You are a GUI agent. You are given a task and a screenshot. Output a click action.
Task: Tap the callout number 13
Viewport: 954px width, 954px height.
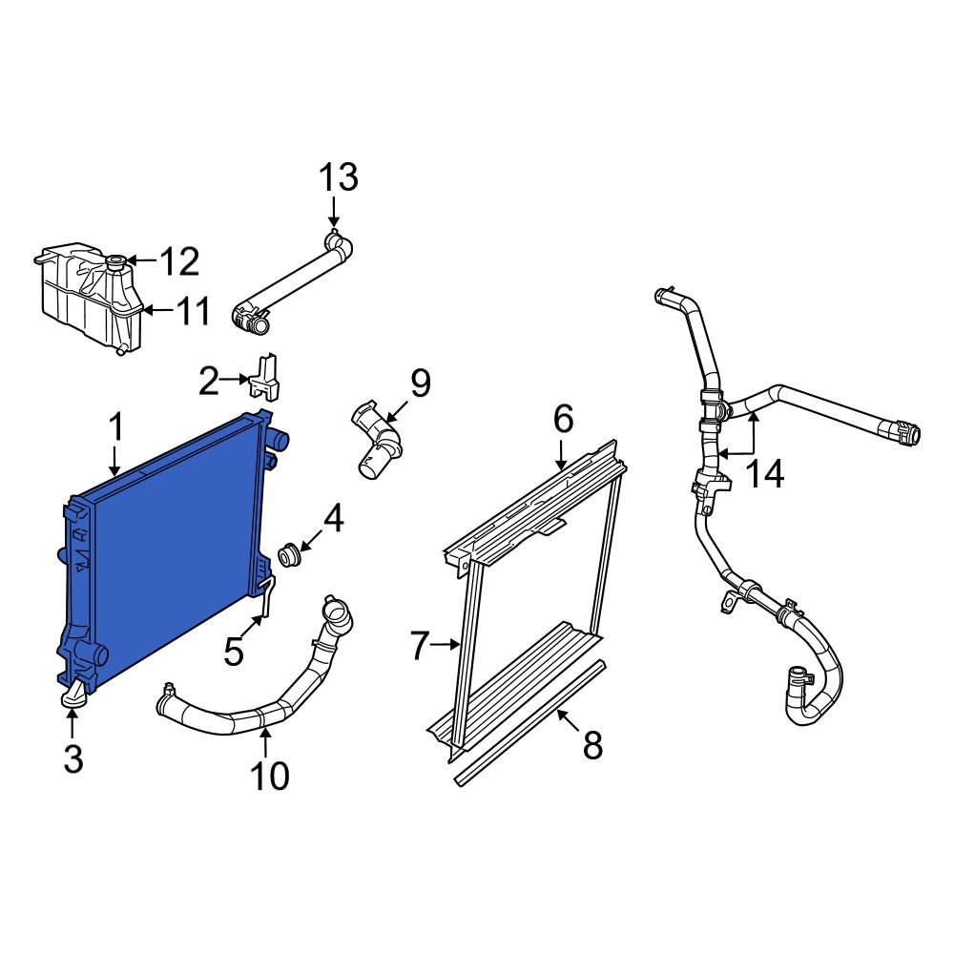[338, 176]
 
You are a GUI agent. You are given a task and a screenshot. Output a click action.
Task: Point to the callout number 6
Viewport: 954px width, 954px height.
[563, 418]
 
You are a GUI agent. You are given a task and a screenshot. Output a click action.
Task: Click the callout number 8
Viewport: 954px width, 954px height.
[592, 745]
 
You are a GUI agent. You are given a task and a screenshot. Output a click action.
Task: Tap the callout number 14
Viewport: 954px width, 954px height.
[764, 473]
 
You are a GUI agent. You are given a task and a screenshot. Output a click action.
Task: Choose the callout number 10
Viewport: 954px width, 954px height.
[269, 776]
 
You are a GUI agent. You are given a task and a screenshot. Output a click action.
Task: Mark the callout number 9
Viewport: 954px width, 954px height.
[420, 384]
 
